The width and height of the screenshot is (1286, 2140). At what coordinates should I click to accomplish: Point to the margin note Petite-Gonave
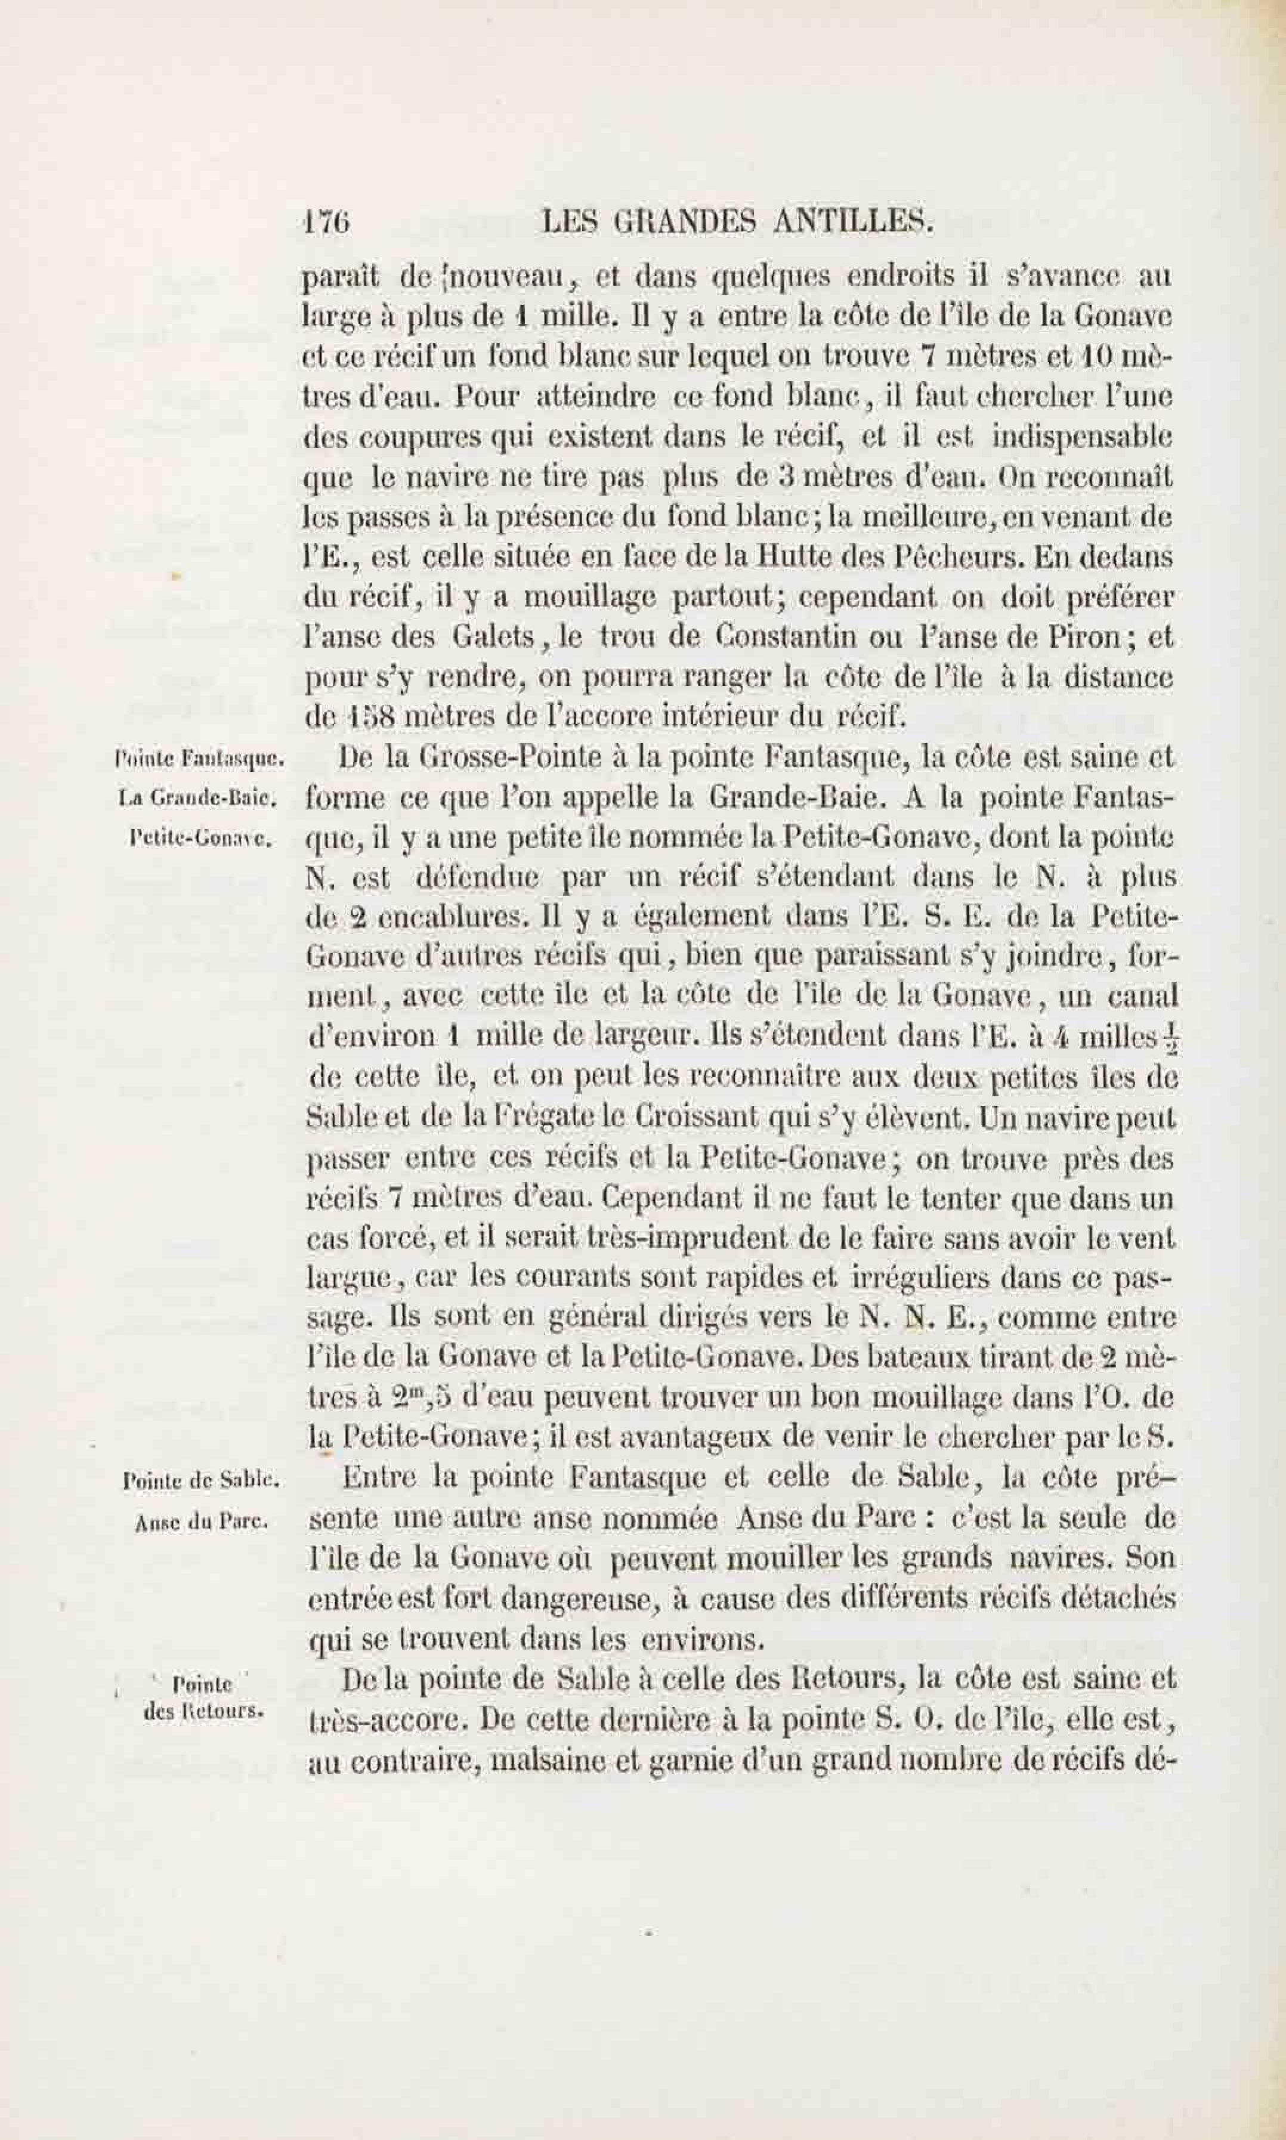[x=199, y=839]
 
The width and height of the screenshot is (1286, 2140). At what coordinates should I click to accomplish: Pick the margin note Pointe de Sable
[x=201, y=1481]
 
